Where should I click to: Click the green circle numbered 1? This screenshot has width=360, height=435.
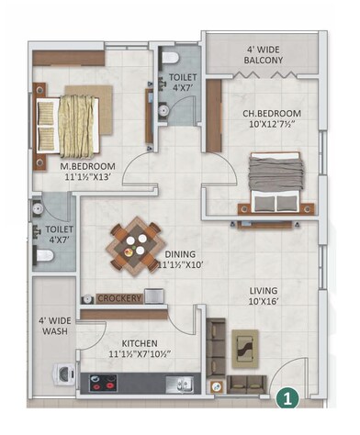coord(287,398)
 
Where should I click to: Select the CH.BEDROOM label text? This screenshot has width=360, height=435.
coord(272,115)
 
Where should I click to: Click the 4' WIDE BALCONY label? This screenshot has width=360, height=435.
coord(264,54)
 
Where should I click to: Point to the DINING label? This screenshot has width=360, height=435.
coord(180,254)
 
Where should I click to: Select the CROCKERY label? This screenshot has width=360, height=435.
coord(118,298)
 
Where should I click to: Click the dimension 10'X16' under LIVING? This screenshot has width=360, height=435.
coord(264,307)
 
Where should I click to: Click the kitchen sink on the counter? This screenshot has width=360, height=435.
coord(180,381)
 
